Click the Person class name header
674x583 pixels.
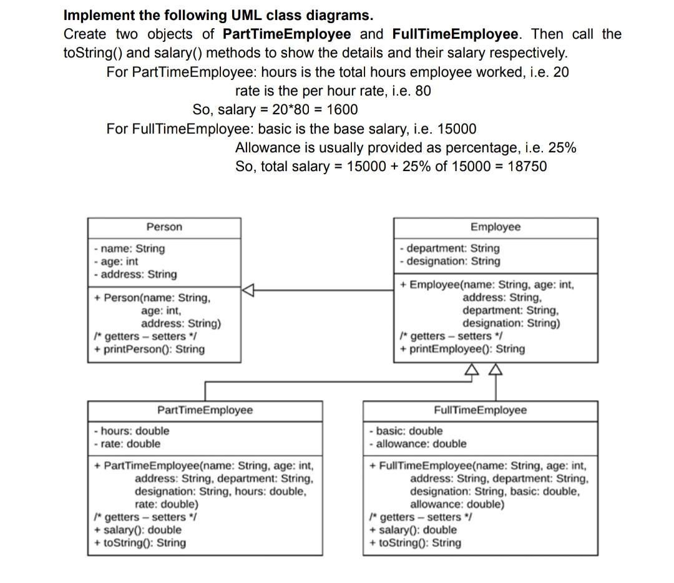(x=164, y=227)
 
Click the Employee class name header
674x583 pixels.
(x=495, y=227)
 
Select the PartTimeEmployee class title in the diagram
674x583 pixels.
(x=205, y=410)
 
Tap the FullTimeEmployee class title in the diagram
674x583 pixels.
(x=480, y=410)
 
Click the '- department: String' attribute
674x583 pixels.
(x=449, y=248)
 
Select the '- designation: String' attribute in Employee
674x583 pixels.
(x=449, y=262)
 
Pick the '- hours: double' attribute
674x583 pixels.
(x=131, y=431)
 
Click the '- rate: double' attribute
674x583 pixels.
(x=127, y=444)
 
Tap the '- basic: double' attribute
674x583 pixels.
(x=406, y=431)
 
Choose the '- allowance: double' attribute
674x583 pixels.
(x=418, y=444)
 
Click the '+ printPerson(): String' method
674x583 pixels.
(x=149, y=349)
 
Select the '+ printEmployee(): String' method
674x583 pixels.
(x=462, y=349)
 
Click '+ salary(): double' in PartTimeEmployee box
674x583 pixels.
(x=137, y=530)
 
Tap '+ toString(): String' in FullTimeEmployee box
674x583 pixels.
(x=415, y=542)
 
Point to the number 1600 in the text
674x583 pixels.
(x=342, y=110)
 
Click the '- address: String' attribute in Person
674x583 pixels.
(x=135, y=274)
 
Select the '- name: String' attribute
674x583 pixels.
(x=129, y=248)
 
